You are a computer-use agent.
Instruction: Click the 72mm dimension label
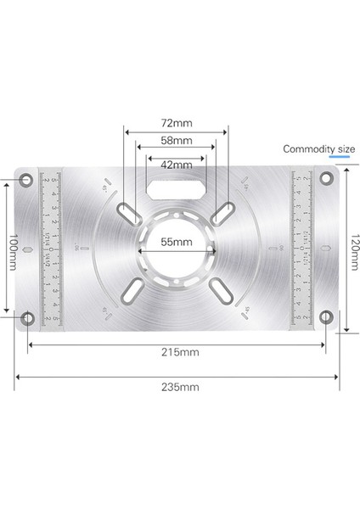pos(176,122)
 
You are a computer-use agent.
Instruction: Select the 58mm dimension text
pos(176,139)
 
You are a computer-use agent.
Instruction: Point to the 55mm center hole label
pos(177,242)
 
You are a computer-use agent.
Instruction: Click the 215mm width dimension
pos(183,351)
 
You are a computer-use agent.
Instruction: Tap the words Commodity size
pos(319,149)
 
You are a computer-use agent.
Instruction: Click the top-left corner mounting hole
pos(28,181)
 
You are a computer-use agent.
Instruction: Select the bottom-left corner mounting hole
pos(28,319)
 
